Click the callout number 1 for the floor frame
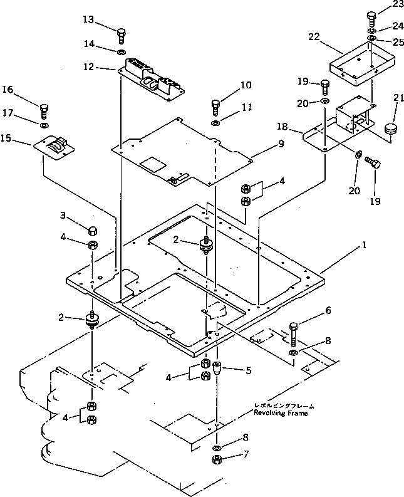(x=363, y=245)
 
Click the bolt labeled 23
(x=371, y=18)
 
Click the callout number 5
(x=248, y=370)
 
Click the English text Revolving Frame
(x=281, y=413)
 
